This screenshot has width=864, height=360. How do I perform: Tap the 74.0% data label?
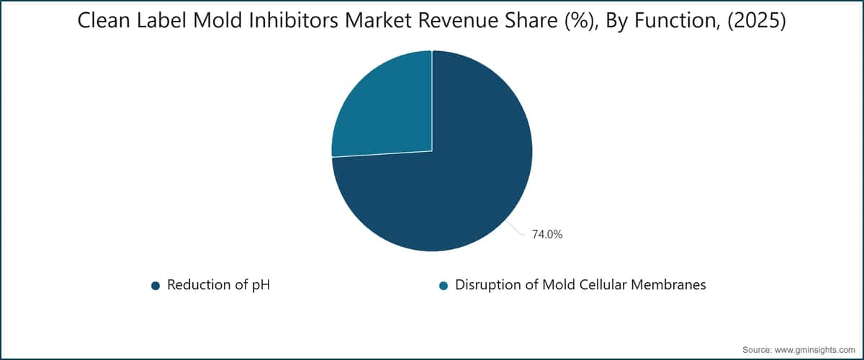[x=547, y=235]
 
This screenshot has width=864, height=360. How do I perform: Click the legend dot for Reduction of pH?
[x=156, y=286]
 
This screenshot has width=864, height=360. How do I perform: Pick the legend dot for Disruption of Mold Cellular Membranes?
[x=444, y=286]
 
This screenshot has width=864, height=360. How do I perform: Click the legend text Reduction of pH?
[x=219, y=284]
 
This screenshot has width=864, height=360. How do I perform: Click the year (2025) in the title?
[x=757, y=21]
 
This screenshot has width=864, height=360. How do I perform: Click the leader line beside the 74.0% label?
[x=516, y=228]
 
